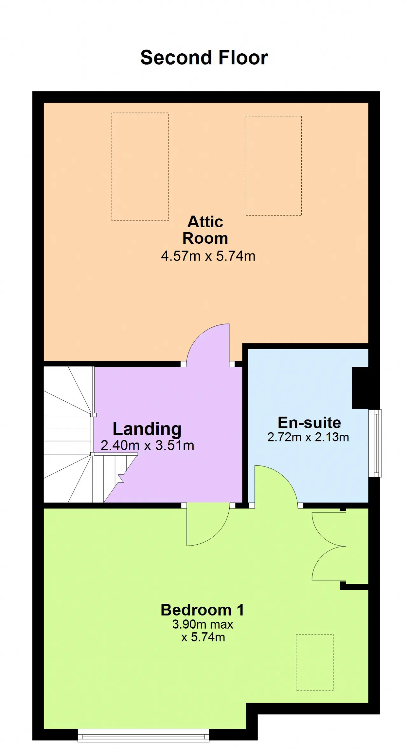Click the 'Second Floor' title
click(204, 58)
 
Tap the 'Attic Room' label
click(205, 230)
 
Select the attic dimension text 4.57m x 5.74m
click(208, 256)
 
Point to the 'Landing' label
click(147, 429)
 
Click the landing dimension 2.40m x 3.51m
click(148, 446)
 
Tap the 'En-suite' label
click(309, 423)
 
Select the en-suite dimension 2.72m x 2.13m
click(308, 437)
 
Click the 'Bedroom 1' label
click(202, 610)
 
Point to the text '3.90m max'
click(203, 624)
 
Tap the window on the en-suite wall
click(375, 443)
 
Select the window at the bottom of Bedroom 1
click(143, 735)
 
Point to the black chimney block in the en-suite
click(361, 388)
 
